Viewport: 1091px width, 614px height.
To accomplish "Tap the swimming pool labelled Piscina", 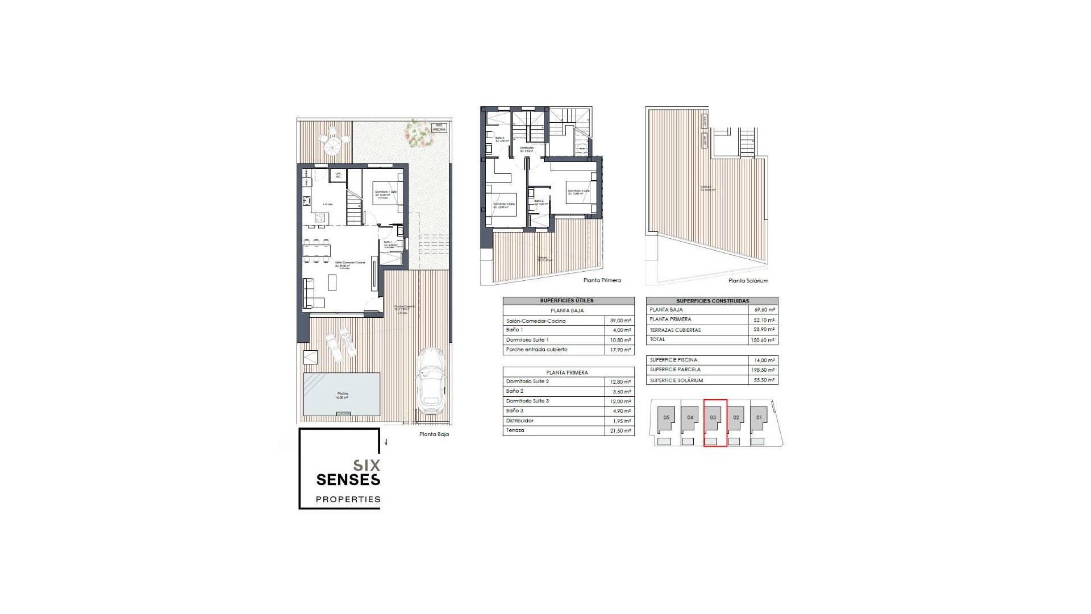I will pos(342,394).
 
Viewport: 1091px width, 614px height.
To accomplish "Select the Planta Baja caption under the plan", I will pos(434,434).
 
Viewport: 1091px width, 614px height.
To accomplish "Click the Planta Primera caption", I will pos(602,280).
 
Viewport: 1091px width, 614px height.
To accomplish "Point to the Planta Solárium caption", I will pos(748,281).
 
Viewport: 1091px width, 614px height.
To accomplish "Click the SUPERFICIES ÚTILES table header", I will pos(567,301).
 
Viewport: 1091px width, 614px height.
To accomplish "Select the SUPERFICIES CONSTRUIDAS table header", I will pos(713,301).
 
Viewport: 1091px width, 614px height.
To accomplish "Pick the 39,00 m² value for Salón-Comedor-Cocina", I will pos(620,321).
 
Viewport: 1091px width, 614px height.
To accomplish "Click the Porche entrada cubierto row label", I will pos(536,350).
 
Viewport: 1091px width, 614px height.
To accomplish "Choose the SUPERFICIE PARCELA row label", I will pos(675,370).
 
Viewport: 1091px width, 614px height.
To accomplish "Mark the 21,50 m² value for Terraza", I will pos(620,431).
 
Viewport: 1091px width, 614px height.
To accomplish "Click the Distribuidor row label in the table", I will pos(519,421).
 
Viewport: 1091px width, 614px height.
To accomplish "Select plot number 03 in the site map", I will pos(713,417).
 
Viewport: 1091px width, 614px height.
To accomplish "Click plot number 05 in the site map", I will pos(667,417).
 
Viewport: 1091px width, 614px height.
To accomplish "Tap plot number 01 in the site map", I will pos(759,417).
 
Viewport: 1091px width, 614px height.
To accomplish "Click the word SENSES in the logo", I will pos(348,480).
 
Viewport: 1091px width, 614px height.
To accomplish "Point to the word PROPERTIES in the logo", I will pos(348,499).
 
